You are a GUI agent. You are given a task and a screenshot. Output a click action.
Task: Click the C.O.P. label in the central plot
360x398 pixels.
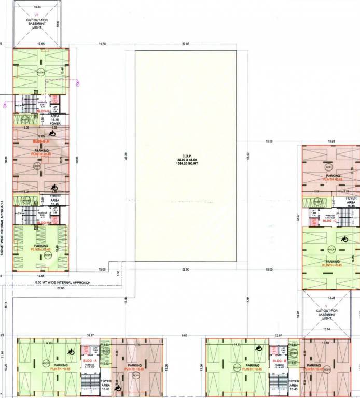185,155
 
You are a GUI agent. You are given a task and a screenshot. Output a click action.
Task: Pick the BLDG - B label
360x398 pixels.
280,360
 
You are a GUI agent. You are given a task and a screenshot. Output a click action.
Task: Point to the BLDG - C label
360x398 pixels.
330,221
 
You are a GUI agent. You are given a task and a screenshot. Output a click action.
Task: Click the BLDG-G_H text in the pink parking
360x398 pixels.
41,141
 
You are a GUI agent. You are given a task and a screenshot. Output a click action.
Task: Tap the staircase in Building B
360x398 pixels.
280,384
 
